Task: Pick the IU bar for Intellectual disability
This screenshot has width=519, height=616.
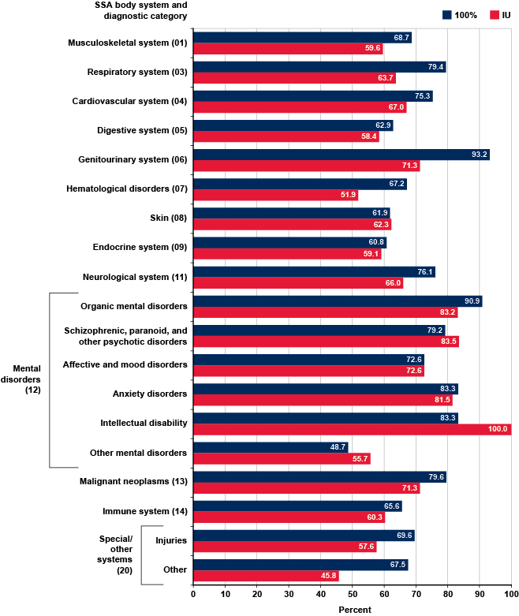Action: [352, 429]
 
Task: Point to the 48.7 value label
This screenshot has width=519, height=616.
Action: [337, 446]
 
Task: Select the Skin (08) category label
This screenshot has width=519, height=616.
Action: [167, 218]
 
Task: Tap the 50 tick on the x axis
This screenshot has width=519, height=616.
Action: [352, 593]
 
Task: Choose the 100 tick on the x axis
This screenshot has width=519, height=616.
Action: [510, 593]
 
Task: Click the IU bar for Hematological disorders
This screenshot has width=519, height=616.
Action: [275, 195]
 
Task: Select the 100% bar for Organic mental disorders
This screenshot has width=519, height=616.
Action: [338, 301]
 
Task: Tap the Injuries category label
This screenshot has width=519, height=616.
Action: [171, 540]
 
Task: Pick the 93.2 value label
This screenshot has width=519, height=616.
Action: [478, 155]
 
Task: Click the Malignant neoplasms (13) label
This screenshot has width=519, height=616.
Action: [133, 481]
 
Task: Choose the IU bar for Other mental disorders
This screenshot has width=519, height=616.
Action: [282, 458]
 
